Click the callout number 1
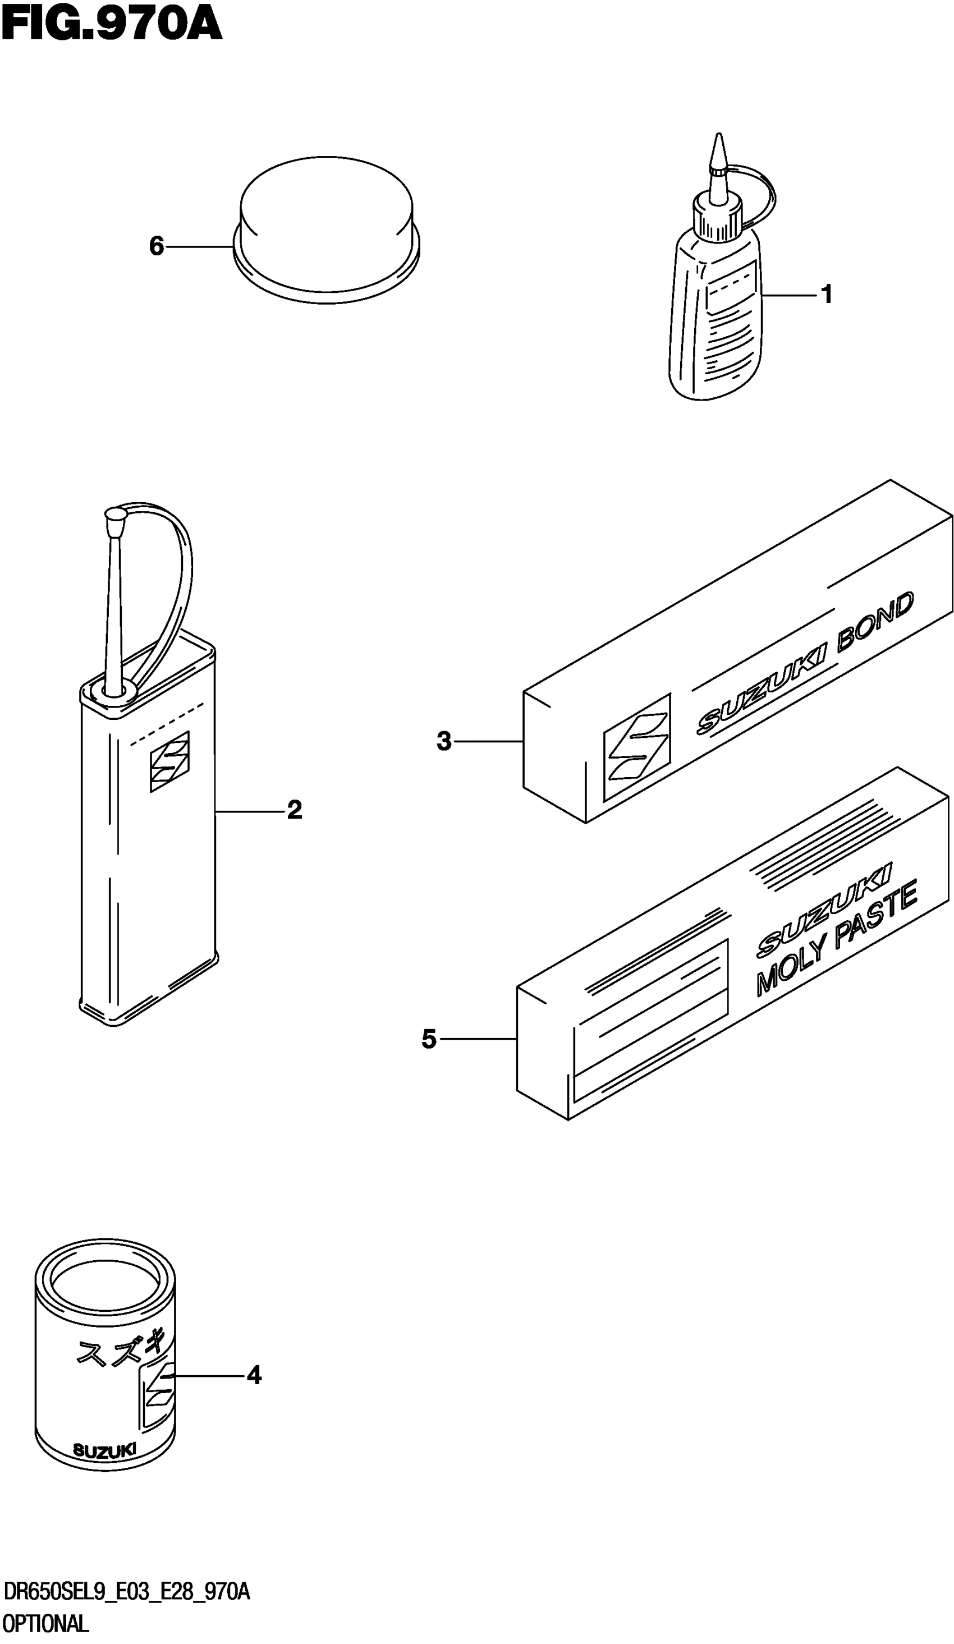coord(827,295)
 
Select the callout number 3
coord(444,741)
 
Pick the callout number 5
coord(429,1039)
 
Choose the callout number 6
coord(157,247)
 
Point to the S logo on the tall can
coord(169,761)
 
